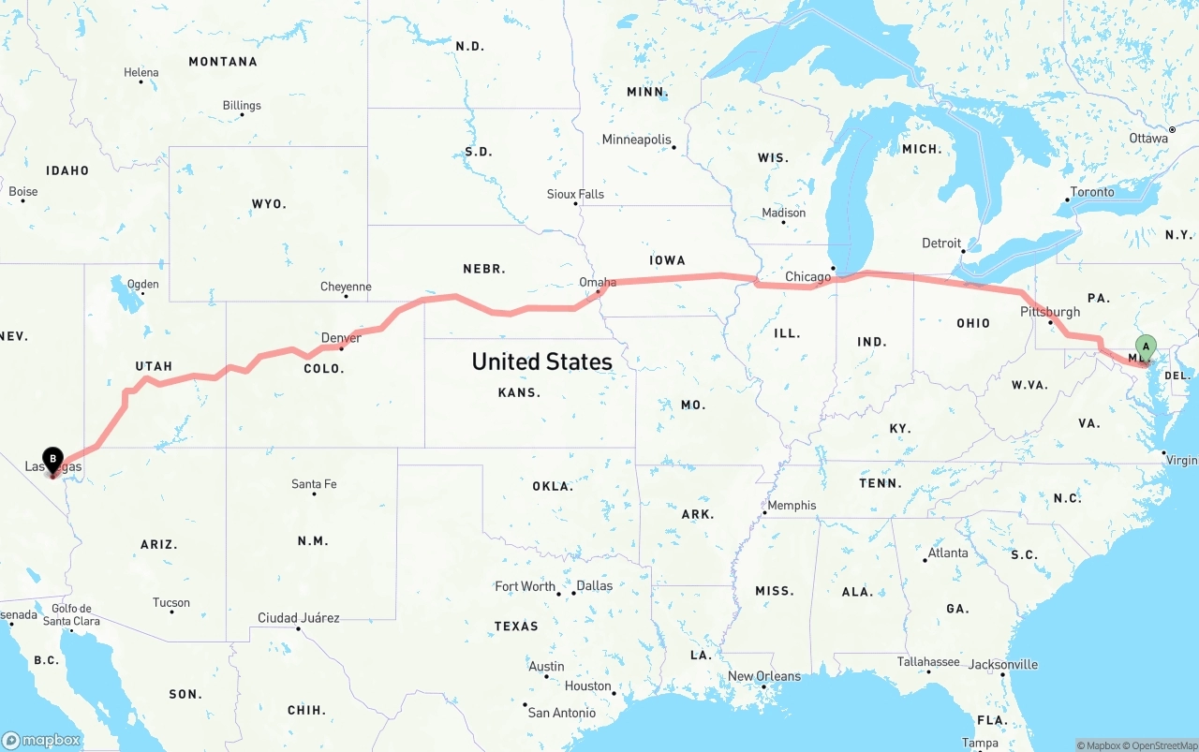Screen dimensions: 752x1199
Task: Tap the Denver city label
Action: point(341,338)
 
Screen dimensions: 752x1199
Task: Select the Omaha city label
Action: point(598,282)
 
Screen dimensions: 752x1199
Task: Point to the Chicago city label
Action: point(807,276)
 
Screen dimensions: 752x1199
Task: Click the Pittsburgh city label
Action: point(1050,312)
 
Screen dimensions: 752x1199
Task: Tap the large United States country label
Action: point(541,361)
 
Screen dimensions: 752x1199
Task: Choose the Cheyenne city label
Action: point(346,287)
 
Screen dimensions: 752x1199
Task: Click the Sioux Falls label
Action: point(575,194)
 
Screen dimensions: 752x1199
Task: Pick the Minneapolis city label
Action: point(636,140)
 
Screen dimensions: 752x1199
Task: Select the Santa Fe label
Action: point(314,484)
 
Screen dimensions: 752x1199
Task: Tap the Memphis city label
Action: point(792,506)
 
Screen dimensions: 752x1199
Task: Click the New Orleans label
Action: point(764,676)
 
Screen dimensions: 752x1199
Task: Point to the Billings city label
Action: point(242,106)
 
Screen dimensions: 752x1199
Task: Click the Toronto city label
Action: point(1092,192)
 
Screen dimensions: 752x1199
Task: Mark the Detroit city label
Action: point(941,243)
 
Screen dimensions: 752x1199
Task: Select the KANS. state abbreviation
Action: point(519,392)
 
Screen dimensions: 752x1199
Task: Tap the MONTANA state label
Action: point(223,62)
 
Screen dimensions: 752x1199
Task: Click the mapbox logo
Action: point(41,740)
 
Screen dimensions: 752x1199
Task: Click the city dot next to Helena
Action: point(141,82)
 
